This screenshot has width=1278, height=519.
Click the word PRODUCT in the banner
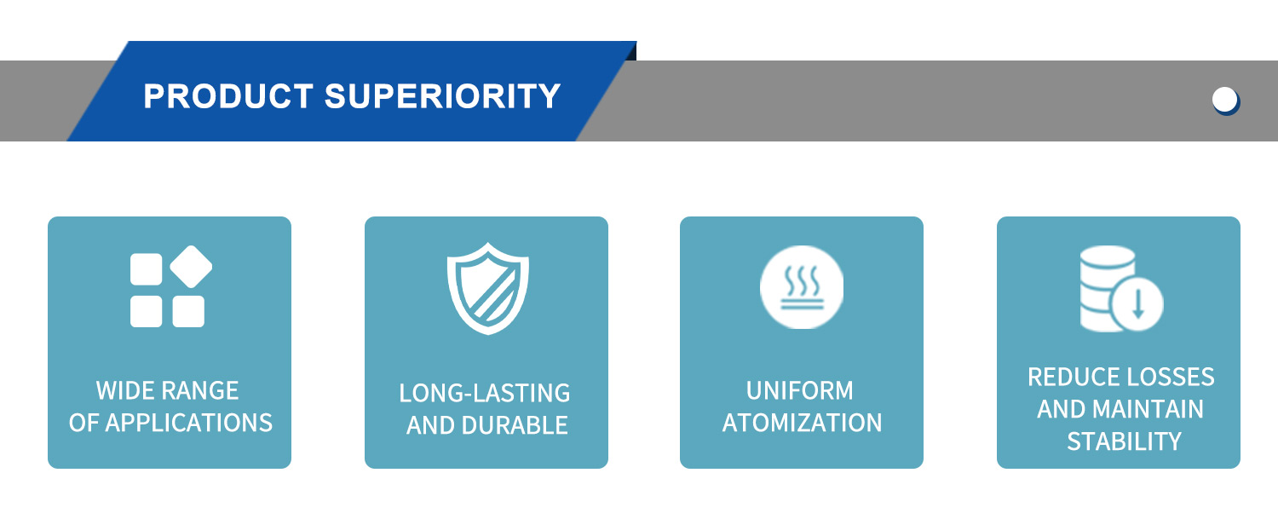[228, 96]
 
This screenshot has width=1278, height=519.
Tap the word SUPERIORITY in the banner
[443, 96]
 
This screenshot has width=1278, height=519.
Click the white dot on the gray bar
[1224, 100]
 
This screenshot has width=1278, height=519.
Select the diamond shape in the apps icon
[191, 267]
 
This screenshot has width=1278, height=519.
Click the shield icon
[488, 288]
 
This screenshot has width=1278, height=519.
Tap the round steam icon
[802, 287]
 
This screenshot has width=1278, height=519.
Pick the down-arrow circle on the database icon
[1137, 303]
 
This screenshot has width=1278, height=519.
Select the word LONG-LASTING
[485, 394]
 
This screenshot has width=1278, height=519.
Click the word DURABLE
[515, 425]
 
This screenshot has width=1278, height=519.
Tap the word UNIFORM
[800, 391]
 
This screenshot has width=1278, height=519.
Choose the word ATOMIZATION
[803, 423]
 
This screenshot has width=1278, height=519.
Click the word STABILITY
[1124, 442]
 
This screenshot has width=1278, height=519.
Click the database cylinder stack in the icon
[1107, 288]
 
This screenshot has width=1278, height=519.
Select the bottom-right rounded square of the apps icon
[188, 311]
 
